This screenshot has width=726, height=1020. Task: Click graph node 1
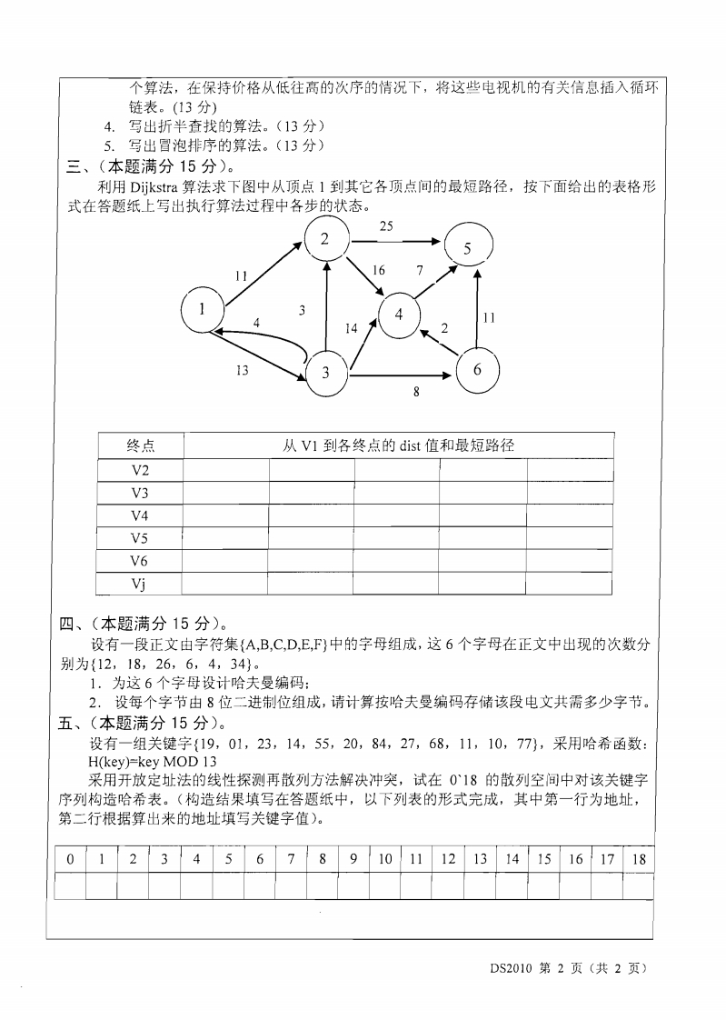point(203,310)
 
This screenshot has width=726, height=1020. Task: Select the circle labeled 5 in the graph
point(467,247)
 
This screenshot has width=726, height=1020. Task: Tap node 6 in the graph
point(477,369)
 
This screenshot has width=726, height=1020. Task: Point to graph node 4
point(400,315)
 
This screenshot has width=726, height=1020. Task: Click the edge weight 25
point(386,225)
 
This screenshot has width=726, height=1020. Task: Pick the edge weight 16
point(379,270)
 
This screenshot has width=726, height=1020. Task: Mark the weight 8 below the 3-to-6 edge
point(415,394)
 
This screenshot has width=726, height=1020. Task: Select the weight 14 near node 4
point(352,329)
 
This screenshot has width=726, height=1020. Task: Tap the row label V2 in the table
point(140,469)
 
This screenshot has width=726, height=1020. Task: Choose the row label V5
point(140,537)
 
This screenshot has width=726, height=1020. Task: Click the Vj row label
point(140,583)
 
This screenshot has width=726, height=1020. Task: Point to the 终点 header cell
point(140,445)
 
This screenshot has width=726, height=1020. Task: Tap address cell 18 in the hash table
point(638,858)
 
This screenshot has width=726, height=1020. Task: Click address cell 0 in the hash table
point(70,858)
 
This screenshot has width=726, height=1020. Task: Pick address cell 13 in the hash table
point(480,858)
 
